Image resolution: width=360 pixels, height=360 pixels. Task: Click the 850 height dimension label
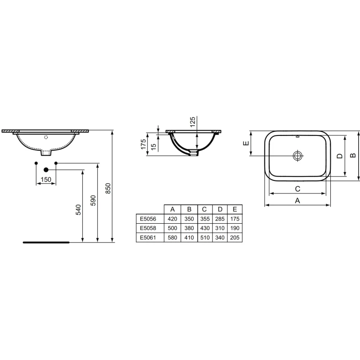[x=108, y=188]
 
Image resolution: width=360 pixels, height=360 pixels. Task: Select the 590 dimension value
[x=93, y=200]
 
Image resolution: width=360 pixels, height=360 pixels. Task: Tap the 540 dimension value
[x=78, y=210]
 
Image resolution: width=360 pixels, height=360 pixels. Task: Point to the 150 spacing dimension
[x=46, y=180]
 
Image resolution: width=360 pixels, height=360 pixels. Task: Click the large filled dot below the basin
[x=46, y=170]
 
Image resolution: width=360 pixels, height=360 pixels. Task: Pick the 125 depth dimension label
[x=193, y=122]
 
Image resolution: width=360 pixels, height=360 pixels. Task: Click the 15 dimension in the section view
[x=153, y=147]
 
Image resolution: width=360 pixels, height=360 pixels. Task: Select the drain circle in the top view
[x=297, y=156]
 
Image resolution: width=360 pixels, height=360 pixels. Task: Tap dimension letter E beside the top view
[x=246, y=143]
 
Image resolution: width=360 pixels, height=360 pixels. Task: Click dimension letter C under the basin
[x=297, y=189]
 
